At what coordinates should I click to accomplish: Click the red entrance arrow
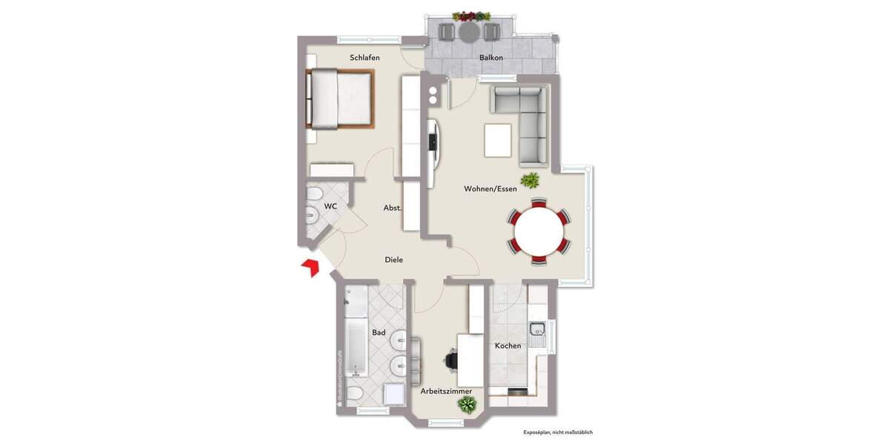310,267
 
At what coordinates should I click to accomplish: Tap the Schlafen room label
365,57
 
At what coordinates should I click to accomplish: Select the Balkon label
491,58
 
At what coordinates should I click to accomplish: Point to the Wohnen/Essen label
490,189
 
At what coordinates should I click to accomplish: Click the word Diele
393,260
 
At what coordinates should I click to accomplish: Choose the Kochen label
507,346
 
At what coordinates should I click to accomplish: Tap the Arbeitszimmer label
446,391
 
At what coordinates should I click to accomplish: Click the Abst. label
393,208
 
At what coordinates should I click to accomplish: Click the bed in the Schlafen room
340,99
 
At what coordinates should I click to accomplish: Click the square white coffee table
498,140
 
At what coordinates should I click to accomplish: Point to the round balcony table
470,32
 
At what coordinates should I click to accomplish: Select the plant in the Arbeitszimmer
467,405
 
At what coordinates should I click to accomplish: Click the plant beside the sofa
530,179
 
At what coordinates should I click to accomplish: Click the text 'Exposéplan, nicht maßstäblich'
558,432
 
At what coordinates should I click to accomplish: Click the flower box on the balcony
471,16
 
